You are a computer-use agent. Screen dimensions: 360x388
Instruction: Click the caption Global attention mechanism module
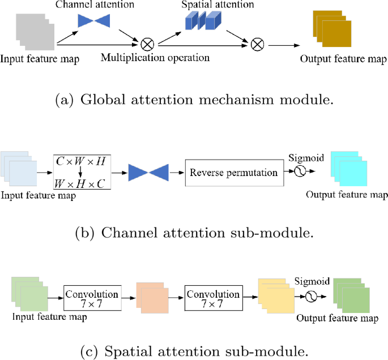coord(194,101)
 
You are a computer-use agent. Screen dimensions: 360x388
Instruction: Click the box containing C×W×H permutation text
coord(81,171)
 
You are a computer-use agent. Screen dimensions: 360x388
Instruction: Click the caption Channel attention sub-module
coord(194,232)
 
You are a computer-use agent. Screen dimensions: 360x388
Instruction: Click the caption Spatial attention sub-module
coord(194,351)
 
